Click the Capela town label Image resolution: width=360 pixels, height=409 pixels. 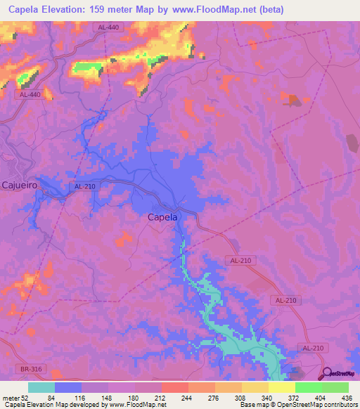(162, 217)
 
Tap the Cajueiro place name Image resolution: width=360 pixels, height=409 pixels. (20, 186)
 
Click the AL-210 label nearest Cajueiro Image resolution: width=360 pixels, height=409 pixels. (82, 186)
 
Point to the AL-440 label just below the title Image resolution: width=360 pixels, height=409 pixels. (107, 27)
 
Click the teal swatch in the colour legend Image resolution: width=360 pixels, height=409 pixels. (41, 387)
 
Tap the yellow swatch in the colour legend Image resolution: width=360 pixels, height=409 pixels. (281, 387)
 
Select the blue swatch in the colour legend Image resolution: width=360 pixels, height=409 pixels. (68, 387)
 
